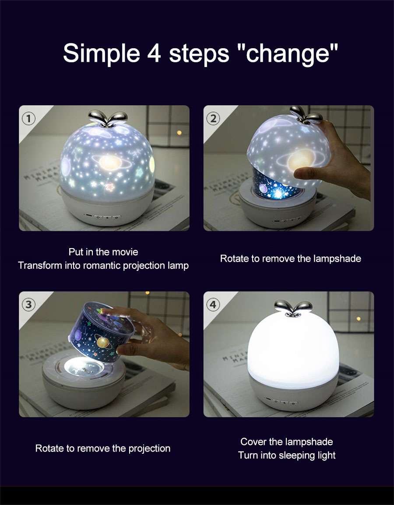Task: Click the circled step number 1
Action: tap(29, 118)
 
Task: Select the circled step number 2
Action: tap(213, 118)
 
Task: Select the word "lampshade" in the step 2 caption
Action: tap(337, 259)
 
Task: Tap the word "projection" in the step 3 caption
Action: tap(149, 448)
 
